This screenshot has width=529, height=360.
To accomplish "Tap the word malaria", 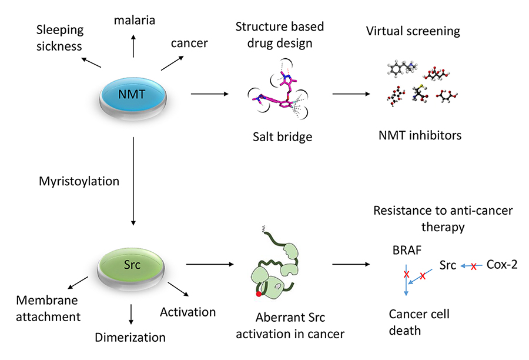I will [x=135, y=21].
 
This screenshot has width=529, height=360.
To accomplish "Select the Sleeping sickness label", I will [x=60, y=38].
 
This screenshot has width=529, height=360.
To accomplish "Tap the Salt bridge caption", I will [x=281, y=137].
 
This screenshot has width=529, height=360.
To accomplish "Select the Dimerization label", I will [x=130, y=338].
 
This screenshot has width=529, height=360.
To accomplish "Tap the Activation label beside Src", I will [x=188, y=311].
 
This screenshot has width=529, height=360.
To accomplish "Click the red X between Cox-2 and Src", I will [x=473, y=266].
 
